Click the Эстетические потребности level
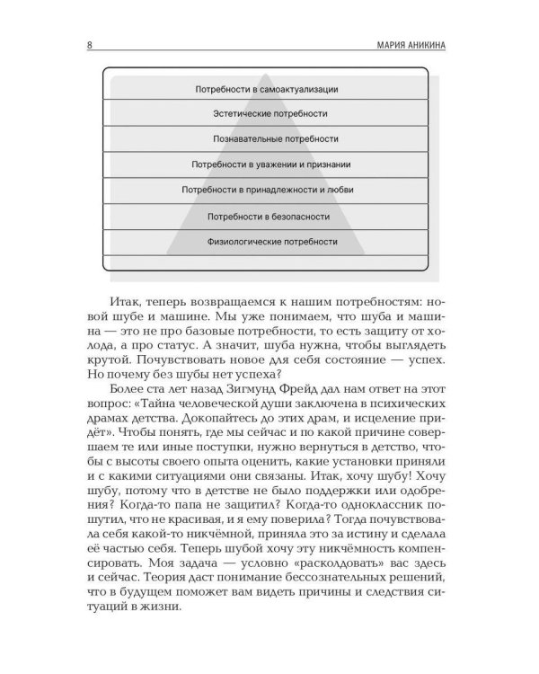pyautogui.click(x=270, y=114)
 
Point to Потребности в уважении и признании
pyautogui.click(x=270, y=164)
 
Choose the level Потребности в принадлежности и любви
pyautogui.click(x=270, y=191)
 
